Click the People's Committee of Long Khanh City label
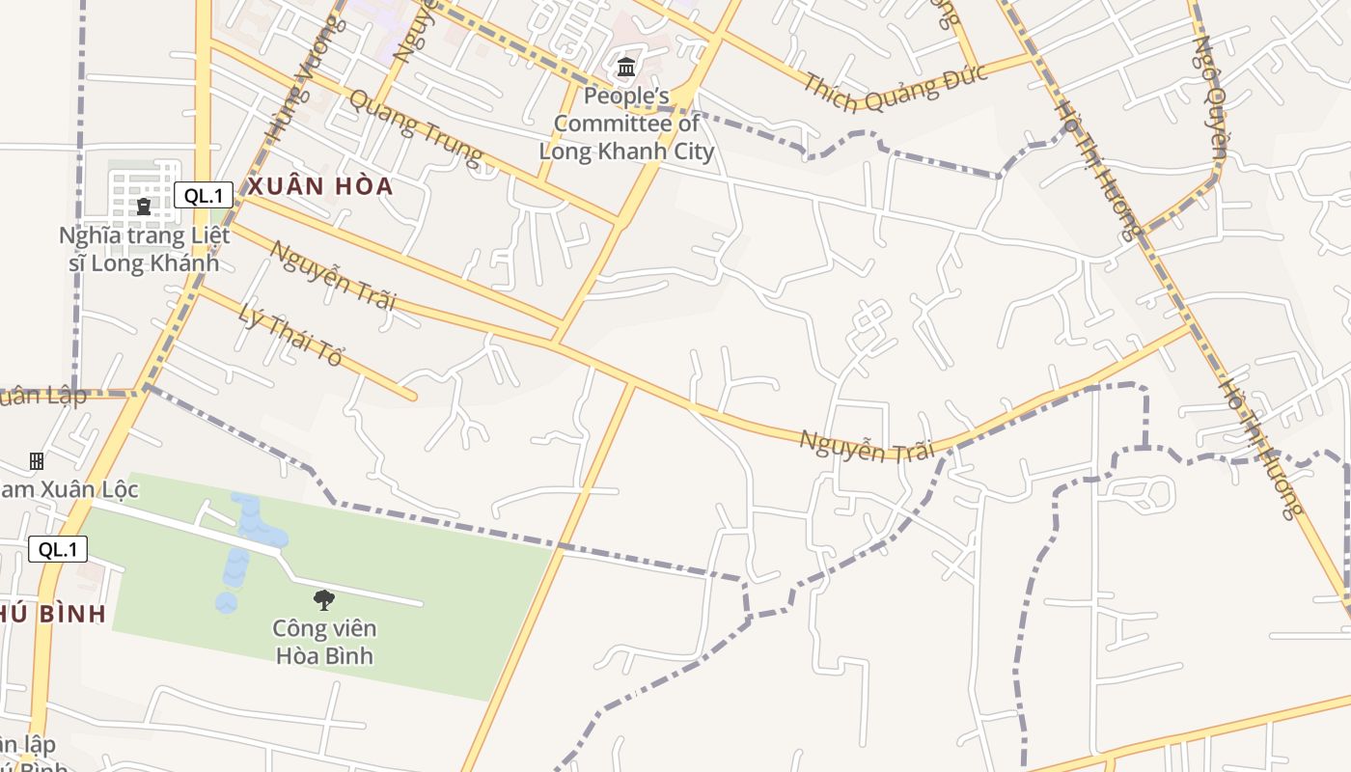pyautogui.click(x=626, y=124)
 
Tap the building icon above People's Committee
pyautogui.click(x=626, y=68)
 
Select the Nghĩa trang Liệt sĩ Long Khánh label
pyautogui.click(x=144, y=249)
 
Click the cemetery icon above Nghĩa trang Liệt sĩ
pyautogui.click(x=144, y=206)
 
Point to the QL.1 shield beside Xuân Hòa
pyautogui.click(x=204, y=196)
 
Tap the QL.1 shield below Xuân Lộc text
pyautogui.click(x=58, y=550)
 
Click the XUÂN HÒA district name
pyautogui.click(x=320, y=187)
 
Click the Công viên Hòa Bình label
pyautogui.click(x=324, y=643)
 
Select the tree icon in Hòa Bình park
pyautogui.click(x=324, y=600)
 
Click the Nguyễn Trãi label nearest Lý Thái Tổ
pyautogui.click(x=333, y=275)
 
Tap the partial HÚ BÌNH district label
pyautogui.click(x=53, y=614)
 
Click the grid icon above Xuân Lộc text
pyautogui.click(x=37, y=461)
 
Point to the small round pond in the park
pyautogui.click(x=226, y=603)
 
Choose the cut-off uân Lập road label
pyautogui.click(x=43, y=396)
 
